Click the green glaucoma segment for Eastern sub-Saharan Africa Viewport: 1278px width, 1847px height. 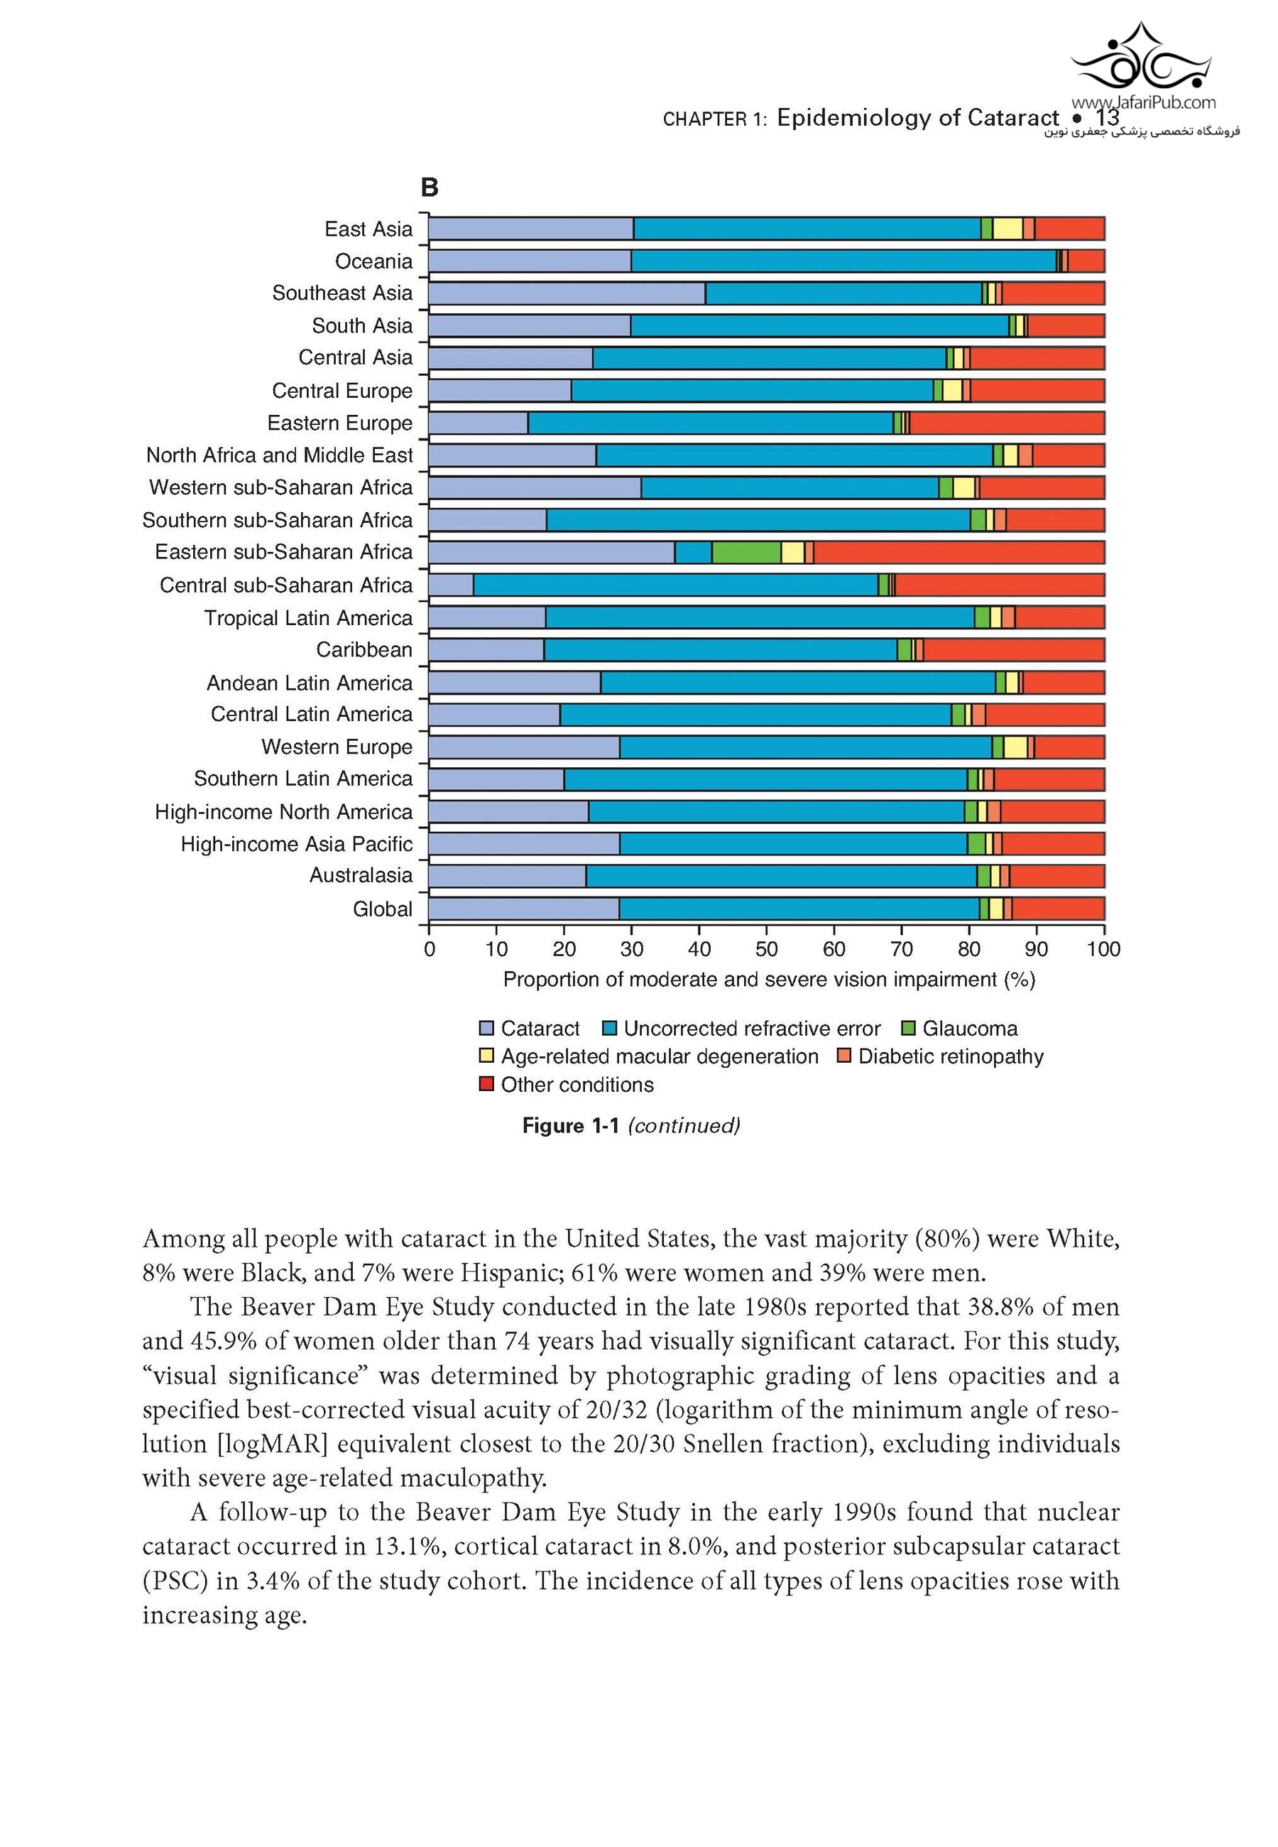point(746,552)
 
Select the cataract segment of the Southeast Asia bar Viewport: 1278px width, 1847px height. point(567,293)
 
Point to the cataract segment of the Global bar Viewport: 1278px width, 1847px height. point(524,909)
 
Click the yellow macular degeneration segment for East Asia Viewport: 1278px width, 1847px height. point(1007,228)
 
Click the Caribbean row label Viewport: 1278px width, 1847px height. point(364,649)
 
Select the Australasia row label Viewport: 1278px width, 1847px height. point(361,875)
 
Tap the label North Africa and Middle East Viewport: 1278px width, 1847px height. point(280,455)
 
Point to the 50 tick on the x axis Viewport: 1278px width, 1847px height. point(766,949)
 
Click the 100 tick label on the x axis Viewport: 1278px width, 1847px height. point(1103,949)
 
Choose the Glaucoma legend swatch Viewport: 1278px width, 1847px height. point(909,1028)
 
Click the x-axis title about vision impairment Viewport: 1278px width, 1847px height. point(769,980)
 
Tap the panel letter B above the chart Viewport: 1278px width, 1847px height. point(430,188)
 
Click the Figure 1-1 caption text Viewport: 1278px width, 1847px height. point(631,1125)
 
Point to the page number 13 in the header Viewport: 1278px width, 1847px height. point(1108,118)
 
